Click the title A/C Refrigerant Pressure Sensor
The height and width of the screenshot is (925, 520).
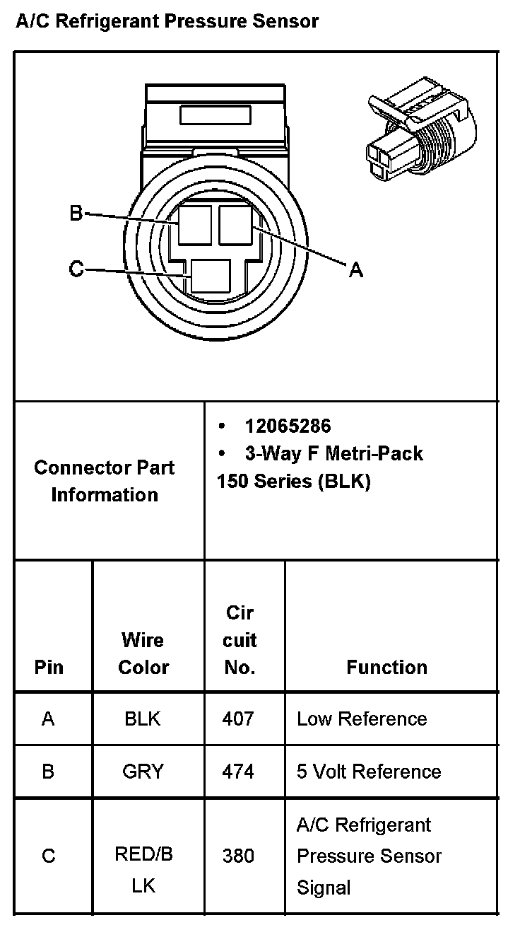pos(167,21)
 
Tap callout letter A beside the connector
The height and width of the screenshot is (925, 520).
pos(356,269)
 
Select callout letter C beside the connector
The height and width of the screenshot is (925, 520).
pos(76,269)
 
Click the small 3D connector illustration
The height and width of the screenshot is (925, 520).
pos(420,130)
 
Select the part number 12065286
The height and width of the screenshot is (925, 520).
pos(288,426)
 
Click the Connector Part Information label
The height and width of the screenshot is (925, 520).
pos(105,481)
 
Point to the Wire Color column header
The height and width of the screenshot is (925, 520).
pos(143,653)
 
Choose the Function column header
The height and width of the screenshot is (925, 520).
pos(386,667)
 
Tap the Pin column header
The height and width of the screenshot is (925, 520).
pos(48,667)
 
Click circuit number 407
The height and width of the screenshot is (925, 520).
pos(238,719)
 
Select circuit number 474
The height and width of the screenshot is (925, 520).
pos(238,771)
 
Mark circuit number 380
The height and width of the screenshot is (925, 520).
pos(238,856)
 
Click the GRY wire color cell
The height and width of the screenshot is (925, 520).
pos(143,771)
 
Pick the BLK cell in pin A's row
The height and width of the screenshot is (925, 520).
pos(143,719)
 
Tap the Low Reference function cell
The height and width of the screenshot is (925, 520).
pos(362,719)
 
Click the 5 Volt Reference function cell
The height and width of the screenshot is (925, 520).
pos(369,771)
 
